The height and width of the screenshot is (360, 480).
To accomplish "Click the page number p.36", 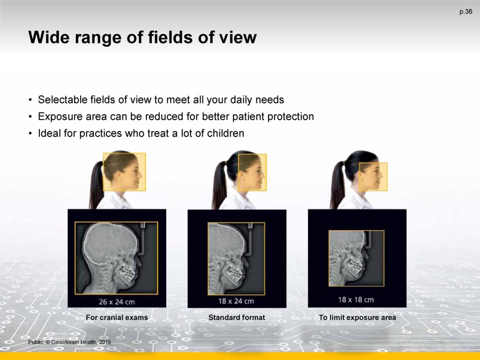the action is [465, 12].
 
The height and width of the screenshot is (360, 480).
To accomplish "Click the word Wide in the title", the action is [48, 37].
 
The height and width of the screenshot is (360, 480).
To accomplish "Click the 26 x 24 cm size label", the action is [117, 302].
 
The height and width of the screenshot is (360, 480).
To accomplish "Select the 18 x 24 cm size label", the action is [236, 301].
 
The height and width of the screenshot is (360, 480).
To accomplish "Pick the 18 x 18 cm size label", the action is [356, 300].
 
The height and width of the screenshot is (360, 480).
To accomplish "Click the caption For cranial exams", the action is [117, 317].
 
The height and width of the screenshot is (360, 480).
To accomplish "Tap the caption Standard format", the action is [237, 317].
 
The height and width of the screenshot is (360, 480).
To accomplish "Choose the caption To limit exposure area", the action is [357, 317].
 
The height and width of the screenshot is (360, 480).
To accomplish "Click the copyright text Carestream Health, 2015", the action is [81, 342].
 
